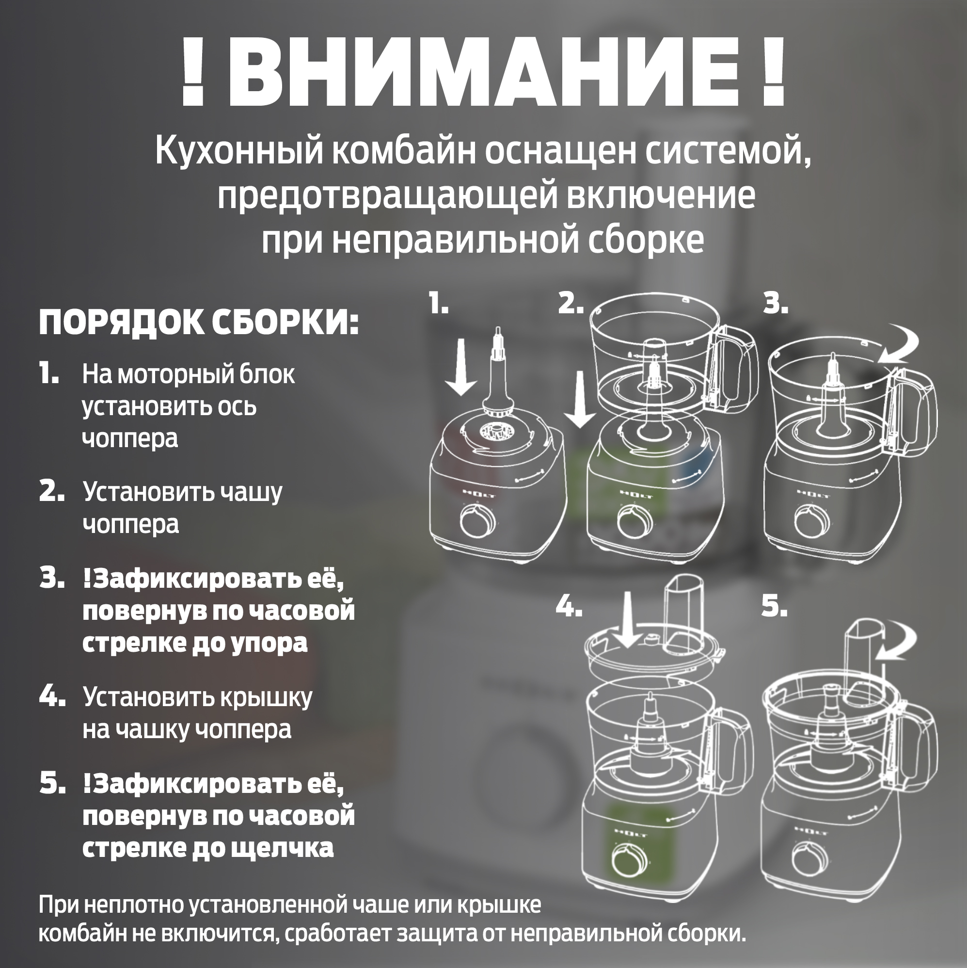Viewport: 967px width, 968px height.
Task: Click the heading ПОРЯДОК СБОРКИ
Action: point(199,322)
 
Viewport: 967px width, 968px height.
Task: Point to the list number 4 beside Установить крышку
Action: point(51,696)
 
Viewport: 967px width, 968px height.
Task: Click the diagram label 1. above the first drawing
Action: point(438,304)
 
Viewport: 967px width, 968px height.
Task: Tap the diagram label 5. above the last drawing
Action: point(774,607)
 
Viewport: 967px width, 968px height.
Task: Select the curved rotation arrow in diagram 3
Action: point(899,345)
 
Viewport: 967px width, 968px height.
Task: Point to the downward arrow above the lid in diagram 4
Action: point(627,620)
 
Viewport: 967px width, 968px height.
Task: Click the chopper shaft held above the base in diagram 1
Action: point(498,376)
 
